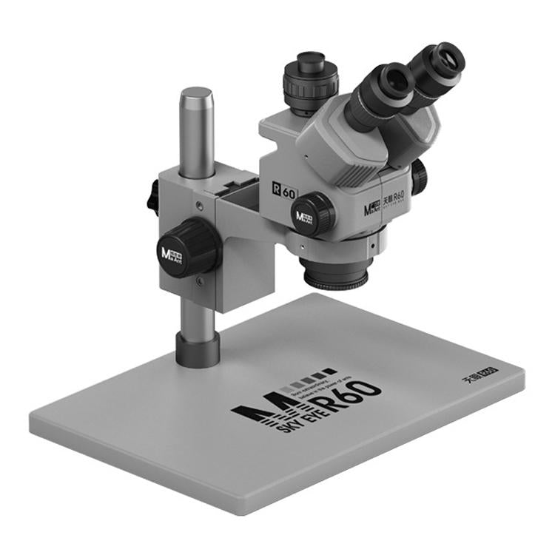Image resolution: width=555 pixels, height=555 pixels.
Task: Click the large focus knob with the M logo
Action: pos(188,248)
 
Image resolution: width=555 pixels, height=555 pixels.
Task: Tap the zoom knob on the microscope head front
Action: pos(312,214)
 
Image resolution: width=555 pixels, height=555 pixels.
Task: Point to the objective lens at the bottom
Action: pos(335,277)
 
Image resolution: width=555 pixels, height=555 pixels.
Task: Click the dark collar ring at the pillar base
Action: pos(198,348)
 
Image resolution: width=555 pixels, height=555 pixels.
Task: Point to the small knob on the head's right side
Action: pos(420,178)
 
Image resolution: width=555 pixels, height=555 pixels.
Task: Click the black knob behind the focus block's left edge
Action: pos(153,197)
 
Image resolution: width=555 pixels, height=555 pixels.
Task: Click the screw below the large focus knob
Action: pos(198,280)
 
